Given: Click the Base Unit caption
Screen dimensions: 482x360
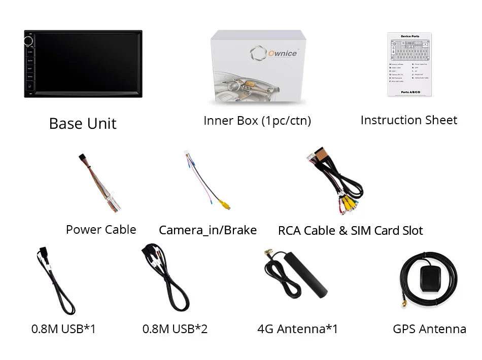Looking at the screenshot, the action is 83,124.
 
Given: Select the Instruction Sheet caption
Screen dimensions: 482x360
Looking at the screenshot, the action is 408,120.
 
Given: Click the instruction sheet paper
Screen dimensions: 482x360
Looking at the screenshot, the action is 409,64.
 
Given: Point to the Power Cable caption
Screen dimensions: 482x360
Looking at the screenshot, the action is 101,230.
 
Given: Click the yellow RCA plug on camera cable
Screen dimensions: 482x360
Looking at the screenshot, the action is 224,204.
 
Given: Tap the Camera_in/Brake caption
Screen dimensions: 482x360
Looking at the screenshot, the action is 208,230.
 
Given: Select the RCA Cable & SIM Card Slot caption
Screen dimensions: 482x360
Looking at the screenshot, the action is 350,231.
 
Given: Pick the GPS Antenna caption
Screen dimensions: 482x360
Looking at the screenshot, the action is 429,329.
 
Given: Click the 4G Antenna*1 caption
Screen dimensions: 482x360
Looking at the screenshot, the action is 297,329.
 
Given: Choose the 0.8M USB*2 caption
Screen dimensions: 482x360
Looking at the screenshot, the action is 175,329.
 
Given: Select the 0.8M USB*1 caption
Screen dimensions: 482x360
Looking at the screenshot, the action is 63,329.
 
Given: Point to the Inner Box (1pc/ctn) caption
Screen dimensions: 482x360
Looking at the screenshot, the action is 257,121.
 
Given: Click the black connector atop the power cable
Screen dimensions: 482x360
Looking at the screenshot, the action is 83,158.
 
